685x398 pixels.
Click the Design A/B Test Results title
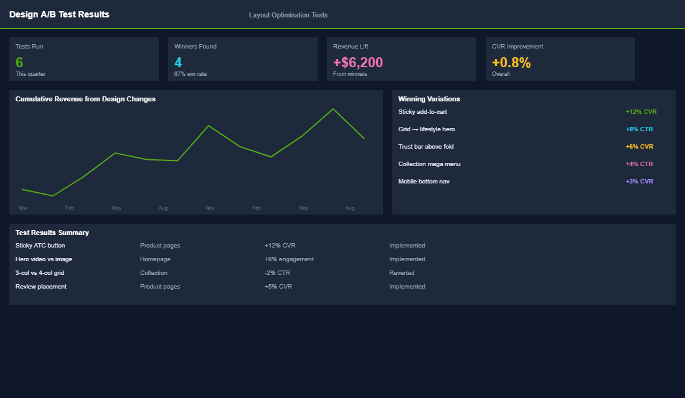click(59, 14)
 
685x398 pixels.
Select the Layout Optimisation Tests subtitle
click(288, 15)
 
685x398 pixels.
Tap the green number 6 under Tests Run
click(19, 62)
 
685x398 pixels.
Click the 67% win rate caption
click(190, 74)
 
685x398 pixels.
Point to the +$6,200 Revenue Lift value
click(358, 62)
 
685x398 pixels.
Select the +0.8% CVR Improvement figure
click(511, 62)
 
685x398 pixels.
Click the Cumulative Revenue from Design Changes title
click(85, 99)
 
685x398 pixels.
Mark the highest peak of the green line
click(333, 109)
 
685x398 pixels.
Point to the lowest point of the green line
click(53, 196)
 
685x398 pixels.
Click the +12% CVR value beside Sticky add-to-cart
click(641, 112)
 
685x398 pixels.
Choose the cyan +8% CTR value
click(639, 129)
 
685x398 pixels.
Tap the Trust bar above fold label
click(426, 147)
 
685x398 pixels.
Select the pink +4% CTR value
click(639, 164)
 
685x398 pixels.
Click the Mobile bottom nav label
click(423, 182)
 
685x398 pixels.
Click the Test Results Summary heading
click(52, 233)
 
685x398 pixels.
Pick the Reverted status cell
click(402, 273)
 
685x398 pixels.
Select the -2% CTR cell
click(277, 273)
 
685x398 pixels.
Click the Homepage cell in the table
click(155, 259)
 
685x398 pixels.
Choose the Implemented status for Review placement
click(407, 287)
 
